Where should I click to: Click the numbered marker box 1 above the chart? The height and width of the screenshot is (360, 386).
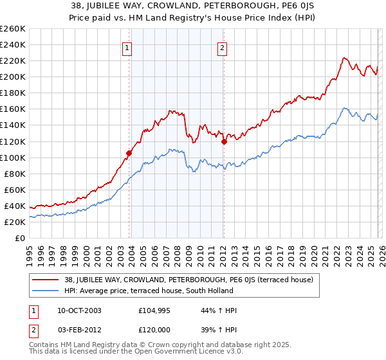pos(127,48)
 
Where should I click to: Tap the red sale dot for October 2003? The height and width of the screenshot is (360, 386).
pos(129,153)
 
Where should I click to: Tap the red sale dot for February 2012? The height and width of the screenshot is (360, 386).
pos(224,141)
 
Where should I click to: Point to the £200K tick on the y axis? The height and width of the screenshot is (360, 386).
pos(13,76)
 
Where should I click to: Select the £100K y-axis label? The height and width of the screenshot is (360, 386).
pos(13,157)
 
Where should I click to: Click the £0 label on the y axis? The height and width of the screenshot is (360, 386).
pos(19,238)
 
